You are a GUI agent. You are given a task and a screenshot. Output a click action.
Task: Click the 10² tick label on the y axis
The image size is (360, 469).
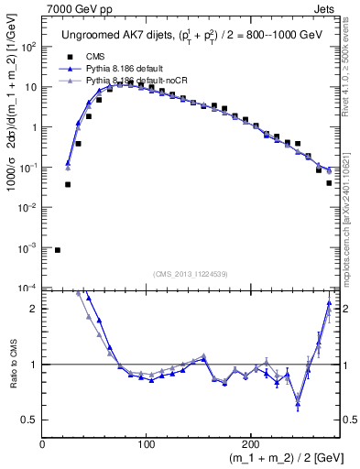coord(27,47)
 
